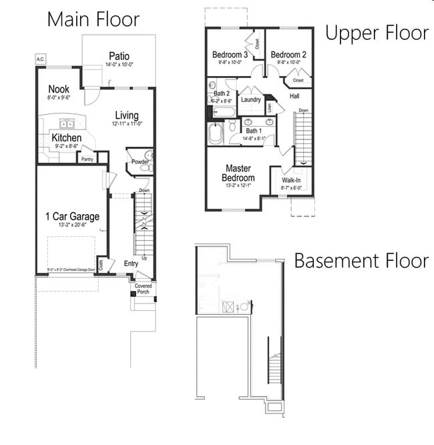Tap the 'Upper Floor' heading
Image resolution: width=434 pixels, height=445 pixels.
[377, 33]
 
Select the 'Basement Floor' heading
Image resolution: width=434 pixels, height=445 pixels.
[361, 260]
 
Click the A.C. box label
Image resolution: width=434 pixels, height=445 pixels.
[41, 59]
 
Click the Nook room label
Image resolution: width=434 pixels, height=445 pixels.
[59, 89]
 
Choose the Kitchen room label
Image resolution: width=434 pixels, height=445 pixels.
[67, 137]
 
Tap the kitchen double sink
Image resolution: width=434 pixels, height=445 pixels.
[67, 123]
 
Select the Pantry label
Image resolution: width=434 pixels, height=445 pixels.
[87, 159]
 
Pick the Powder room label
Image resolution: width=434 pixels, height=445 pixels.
[139, 161]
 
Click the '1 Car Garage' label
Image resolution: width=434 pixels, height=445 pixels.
[72, 216]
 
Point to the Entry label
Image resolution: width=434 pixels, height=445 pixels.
[132, 264]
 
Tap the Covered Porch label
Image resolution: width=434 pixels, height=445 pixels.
[144, 289]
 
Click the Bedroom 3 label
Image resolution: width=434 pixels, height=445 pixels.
[230, 54]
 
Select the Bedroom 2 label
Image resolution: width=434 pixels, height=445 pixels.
[288, 54]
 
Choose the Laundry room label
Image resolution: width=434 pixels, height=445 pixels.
[250, 99]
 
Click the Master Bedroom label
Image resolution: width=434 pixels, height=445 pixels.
[239, 173]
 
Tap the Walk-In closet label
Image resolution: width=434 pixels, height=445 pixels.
[291, 180]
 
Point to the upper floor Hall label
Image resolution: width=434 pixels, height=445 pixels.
[294, 96]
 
